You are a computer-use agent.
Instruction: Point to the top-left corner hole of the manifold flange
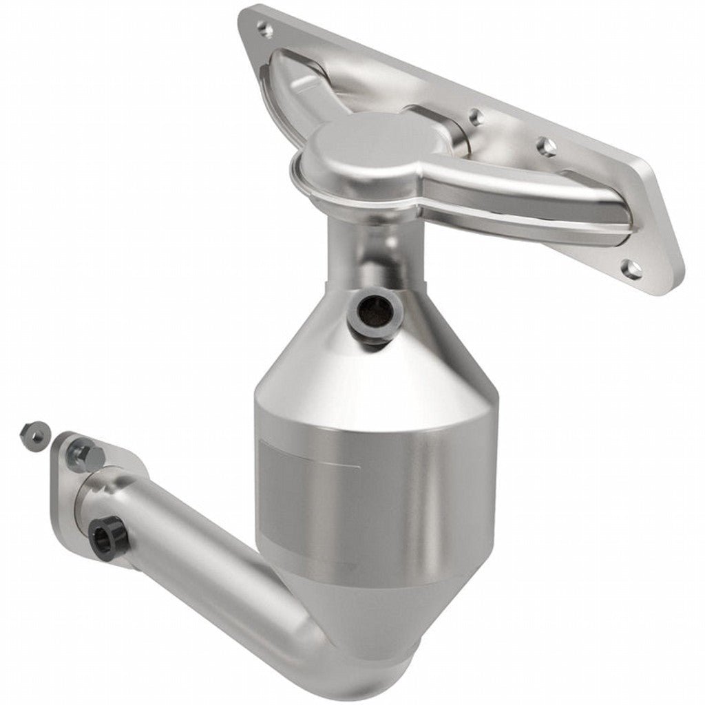tap(262, 28)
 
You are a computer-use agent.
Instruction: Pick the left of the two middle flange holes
tap(474, 118)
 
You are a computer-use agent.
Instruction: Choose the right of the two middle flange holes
tap(546, 146)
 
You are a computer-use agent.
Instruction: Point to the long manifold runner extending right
tap(530, 200)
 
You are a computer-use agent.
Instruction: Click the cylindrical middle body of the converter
tap(375, 496)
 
